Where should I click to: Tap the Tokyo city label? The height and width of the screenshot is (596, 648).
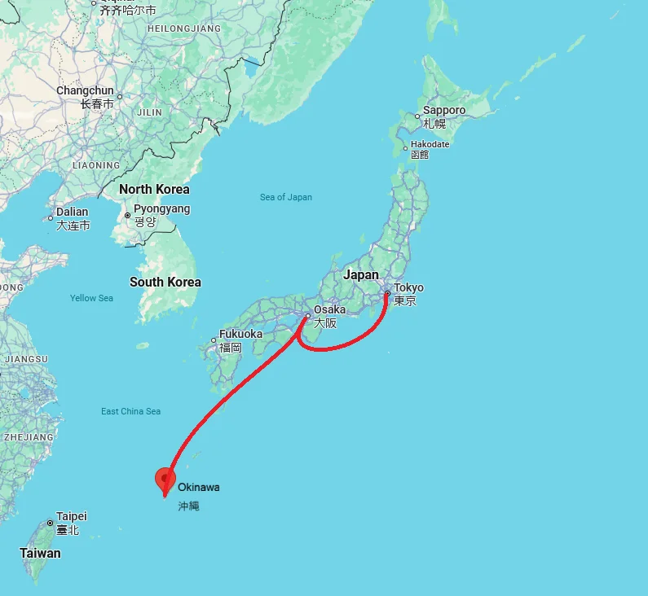tap(408, 288)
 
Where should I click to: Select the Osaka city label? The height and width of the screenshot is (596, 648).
tap(329, 309)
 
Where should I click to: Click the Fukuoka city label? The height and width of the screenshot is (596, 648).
tap(240, 334)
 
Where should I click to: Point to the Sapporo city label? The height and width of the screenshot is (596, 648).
tap(444, 110)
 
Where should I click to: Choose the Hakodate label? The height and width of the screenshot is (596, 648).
tap(430, 144)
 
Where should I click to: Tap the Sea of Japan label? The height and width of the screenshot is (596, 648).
tap(286, 197)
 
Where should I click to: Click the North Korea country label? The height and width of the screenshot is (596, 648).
tap(154, 189)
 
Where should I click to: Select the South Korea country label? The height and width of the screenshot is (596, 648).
tap(165, 282)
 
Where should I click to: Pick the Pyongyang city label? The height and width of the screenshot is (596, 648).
tap(161, 209)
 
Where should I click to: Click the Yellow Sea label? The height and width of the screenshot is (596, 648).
tap(91, 298)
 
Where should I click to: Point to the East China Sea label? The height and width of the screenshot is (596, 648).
tap(131, 411)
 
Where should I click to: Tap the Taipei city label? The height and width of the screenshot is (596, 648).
tap(72, 516)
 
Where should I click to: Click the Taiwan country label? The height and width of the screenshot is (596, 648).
tap(40, 553)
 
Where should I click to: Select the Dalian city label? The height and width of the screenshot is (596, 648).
tap(73, 213)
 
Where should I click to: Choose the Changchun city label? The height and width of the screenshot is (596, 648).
tap(85, 90)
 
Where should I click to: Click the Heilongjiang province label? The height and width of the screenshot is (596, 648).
tap(184, 28)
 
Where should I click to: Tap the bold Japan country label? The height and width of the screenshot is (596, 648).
tap(361, 274)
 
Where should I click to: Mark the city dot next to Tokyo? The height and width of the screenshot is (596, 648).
tap(387, 294)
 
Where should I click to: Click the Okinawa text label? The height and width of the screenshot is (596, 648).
tap(198, 487)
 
